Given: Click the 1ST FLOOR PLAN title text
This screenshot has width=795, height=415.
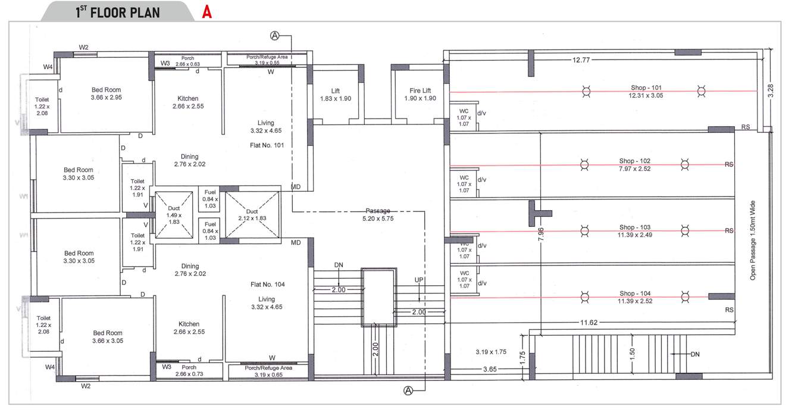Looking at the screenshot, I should click(118, 12).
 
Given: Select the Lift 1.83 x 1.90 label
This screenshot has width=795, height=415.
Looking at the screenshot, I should click(335, 95).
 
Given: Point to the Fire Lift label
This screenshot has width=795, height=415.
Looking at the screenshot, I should click(420, 95).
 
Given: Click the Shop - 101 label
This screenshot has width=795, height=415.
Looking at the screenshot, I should click(646, 91).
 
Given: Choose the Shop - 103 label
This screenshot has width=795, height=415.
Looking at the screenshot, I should click(634, 231).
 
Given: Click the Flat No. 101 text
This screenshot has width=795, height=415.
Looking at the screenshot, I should click(268, 145).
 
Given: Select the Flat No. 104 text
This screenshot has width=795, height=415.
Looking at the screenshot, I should click(268, 285).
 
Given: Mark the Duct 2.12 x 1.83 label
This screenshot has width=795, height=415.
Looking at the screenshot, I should click(252, 215).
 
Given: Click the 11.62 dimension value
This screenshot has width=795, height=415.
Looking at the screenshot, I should click(589, 322).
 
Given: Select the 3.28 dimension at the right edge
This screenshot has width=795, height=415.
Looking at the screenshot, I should click(771, 91).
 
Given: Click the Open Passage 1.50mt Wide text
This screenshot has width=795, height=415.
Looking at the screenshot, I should click(752, 240).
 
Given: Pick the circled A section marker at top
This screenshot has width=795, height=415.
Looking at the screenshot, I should click(275, 36).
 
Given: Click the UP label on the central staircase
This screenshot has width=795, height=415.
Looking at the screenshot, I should click(418, 280).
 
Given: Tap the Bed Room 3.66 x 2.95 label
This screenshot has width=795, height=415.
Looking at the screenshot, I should click(106, 93).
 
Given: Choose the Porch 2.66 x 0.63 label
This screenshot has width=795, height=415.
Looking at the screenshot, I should click(187, 61).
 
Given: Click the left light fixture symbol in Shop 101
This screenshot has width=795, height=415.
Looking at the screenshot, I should click(587, 91).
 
